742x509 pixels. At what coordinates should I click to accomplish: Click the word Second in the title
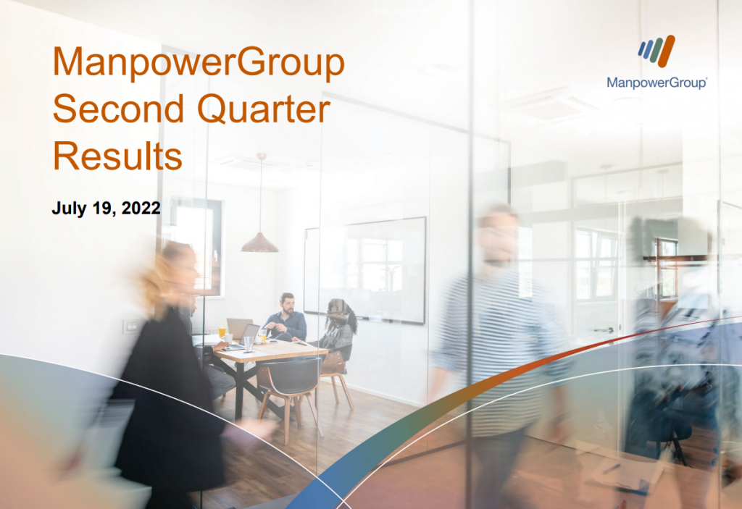point(118,109)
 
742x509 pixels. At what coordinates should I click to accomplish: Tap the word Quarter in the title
point(264,109)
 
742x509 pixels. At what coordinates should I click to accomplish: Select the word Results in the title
point(117,156)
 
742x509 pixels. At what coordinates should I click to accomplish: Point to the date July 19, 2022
point(106,208)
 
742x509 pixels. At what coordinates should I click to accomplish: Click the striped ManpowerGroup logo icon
point(656,51)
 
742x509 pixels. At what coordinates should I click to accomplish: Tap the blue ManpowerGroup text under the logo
point(656,83)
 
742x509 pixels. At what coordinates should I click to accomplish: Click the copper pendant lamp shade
point(260,243)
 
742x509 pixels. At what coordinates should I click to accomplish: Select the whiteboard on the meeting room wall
point(365,270)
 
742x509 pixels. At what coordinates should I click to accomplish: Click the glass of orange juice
point(222,332)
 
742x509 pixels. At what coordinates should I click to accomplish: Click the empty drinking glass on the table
point(249,343)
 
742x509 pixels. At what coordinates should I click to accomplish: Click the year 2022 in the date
point(141,208)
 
